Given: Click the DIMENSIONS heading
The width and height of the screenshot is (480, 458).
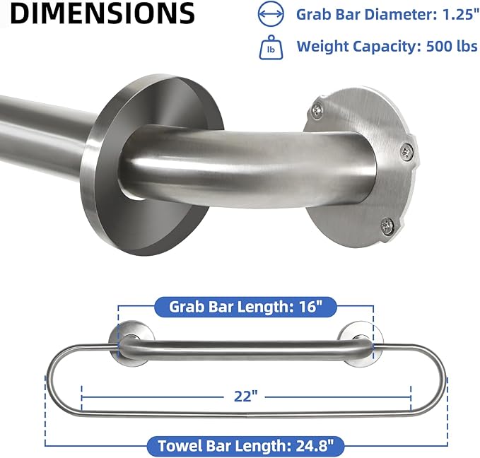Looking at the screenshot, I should coord(103,13).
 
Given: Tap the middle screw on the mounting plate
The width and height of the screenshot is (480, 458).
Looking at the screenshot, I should coord(408,149).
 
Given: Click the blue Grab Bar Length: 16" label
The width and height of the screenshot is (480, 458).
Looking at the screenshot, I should coord(245,307).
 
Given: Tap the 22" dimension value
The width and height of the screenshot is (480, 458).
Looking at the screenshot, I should coord(245,397).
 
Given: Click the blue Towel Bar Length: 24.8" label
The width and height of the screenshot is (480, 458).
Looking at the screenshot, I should coord(245,445).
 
